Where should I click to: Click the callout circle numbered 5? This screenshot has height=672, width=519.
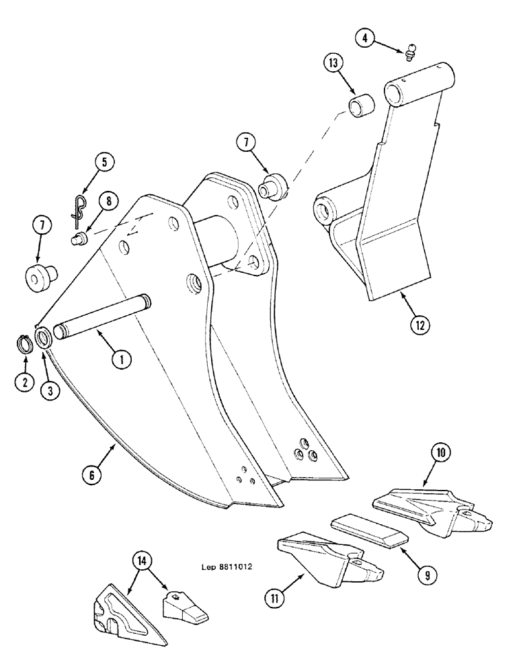click(104, 162)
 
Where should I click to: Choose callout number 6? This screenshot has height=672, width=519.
click(93, 473)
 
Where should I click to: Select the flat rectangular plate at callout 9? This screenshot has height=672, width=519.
click(369, 528)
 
